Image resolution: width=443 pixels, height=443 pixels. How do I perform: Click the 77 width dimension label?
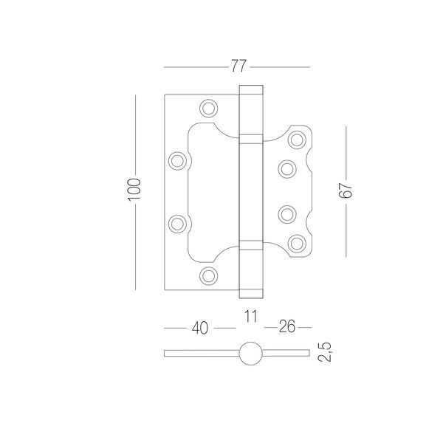(238, 66)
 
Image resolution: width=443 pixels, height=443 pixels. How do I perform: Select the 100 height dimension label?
(134, 190)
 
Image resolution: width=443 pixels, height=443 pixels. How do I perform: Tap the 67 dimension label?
(346, 190)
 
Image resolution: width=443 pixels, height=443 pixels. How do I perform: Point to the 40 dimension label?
(200, 328)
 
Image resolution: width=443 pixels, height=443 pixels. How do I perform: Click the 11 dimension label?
(251, 316)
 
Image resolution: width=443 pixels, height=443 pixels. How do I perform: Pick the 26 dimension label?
(287, 326)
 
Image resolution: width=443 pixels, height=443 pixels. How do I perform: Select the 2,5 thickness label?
(325, 352)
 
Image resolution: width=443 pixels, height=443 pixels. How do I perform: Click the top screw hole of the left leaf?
(208, 108)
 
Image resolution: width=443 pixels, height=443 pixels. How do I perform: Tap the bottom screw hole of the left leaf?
(208, 275)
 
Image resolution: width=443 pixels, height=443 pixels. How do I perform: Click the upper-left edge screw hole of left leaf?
(177, 161)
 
